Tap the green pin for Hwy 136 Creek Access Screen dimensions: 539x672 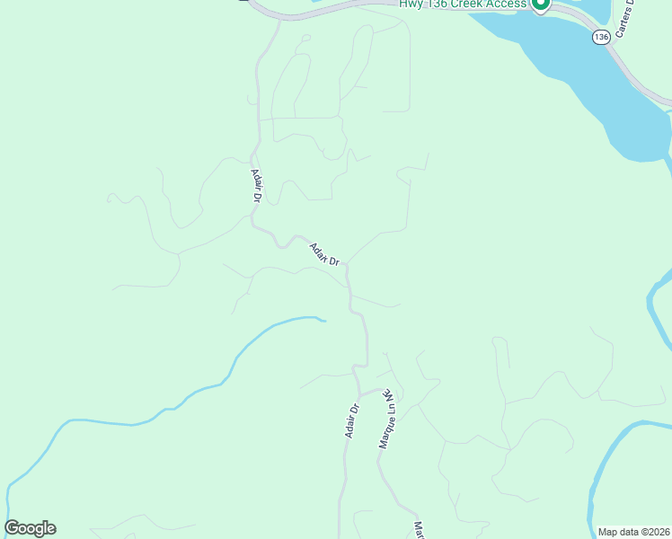[540, 4]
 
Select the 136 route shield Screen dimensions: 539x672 [601, 37]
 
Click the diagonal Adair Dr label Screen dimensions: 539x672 [324, 254]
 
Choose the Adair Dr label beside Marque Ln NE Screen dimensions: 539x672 [351, 420]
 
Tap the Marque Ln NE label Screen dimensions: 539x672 [387, 419]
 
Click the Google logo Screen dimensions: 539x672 [31, 528]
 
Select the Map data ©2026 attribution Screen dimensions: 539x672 [633, 531]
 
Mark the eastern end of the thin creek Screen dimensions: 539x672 [323, 319]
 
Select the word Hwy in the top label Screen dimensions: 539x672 [411, 4]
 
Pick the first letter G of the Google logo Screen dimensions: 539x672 [13, 528]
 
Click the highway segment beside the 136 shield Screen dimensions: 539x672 [629, 67]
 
